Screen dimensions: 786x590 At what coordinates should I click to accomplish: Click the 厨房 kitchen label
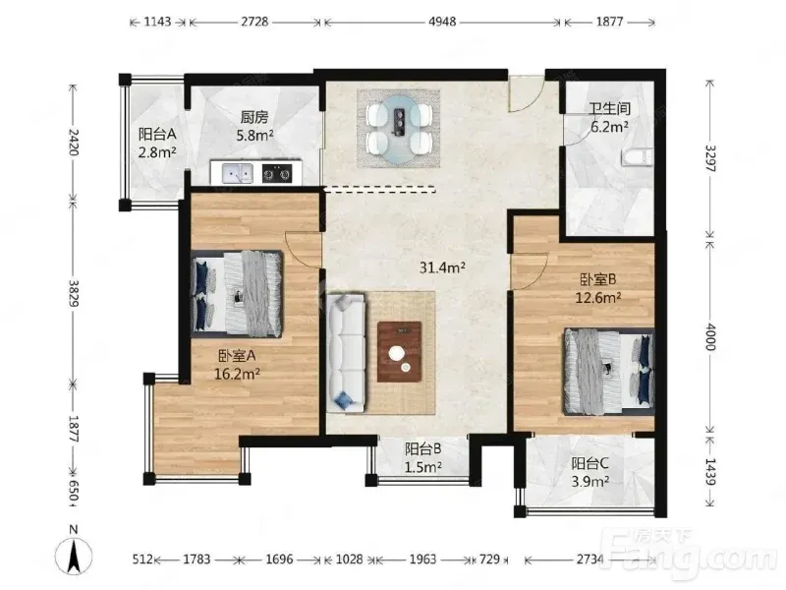coord(254,117)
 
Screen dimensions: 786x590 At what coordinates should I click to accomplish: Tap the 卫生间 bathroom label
coord(609,109)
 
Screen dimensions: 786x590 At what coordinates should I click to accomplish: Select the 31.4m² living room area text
coord(443,267)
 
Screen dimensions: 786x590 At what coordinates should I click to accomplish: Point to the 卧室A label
coord(237,356)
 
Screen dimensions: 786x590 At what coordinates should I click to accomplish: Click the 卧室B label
coord(598,279)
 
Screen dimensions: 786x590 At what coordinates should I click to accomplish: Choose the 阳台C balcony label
coord(590,463)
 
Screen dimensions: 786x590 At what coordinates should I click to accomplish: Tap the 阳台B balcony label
coord(423,448)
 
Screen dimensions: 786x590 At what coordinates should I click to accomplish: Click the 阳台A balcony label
coord(157,134)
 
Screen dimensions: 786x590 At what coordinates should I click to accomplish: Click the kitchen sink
coord(238,174)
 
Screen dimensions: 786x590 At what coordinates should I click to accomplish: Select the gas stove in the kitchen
coord(277,174)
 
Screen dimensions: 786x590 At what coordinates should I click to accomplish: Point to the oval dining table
coord(399,130)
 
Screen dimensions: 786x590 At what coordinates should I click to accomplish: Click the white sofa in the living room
coord(347,353)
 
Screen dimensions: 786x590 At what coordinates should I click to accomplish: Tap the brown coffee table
coord(400,352)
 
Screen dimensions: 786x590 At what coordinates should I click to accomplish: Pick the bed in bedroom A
coord(237,293)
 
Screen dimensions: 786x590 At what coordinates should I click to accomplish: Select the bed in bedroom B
coord(609,372)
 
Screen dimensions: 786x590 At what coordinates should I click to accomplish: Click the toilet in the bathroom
coord(638,156)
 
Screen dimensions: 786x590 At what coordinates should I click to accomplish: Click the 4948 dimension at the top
coord(442,22)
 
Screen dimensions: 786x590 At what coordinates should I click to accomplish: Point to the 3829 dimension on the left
coord(74,293)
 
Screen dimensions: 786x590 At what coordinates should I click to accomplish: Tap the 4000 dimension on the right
coord(710,336)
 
